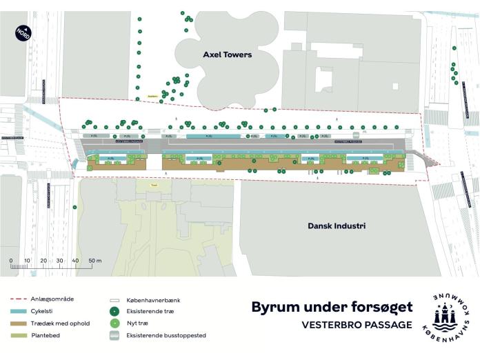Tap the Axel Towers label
pyautogui.click(x=227, y=54)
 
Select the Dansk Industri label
pyautogui.click(x=337, y=226)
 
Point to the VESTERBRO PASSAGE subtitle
pyautogui.click(x=357, y=324)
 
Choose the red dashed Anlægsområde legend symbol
pyautogui.click(x=22, y=299)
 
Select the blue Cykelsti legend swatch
pyautogui.click(x=22, y=311)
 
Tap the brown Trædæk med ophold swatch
pyautogui.click(x=22, y=323)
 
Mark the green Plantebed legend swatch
pyautogui.click(x=22, y=335)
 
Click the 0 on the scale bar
pyautogui.click(x=11, y=261)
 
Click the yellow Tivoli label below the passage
pyautogui.click(x=155, y=184)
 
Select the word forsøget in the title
pyautogui.click(x=382, y=307)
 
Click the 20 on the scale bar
pyautogui.click(x=43, y=261)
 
